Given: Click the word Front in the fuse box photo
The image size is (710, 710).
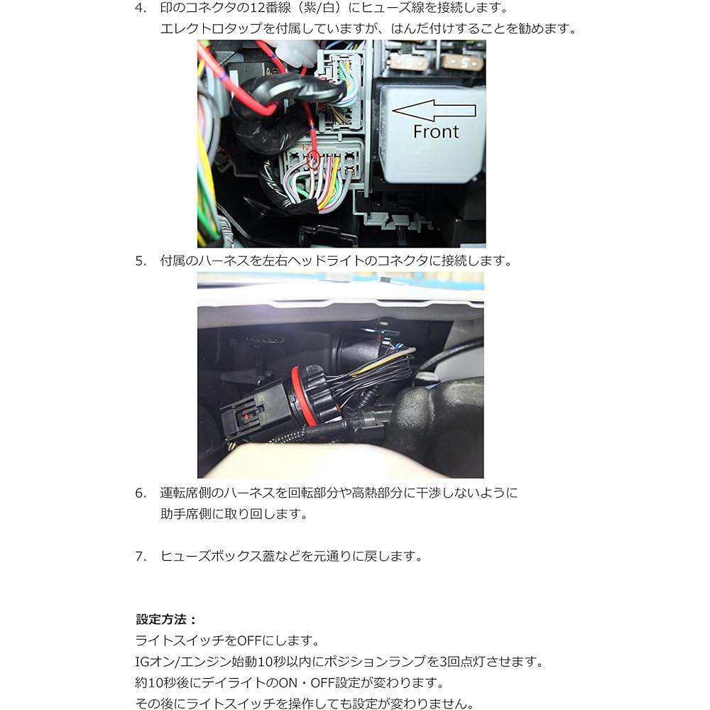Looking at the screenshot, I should [436, 132].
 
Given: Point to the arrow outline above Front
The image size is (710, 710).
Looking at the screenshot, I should [433, 110].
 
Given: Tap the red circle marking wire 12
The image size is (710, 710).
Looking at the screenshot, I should [313, 162].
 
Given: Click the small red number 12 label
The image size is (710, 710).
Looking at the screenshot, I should [307, 147].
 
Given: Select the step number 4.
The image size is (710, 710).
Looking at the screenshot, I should [141, 9].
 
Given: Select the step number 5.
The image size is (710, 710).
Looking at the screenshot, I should [141, 261].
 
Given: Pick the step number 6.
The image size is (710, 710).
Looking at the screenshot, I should [141, 493].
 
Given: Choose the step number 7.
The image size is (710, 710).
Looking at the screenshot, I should [141, 557].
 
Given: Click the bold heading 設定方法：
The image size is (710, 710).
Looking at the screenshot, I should [166, 619].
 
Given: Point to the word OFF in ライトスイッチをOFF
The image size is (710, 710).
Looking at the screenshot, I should [251, 640].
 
